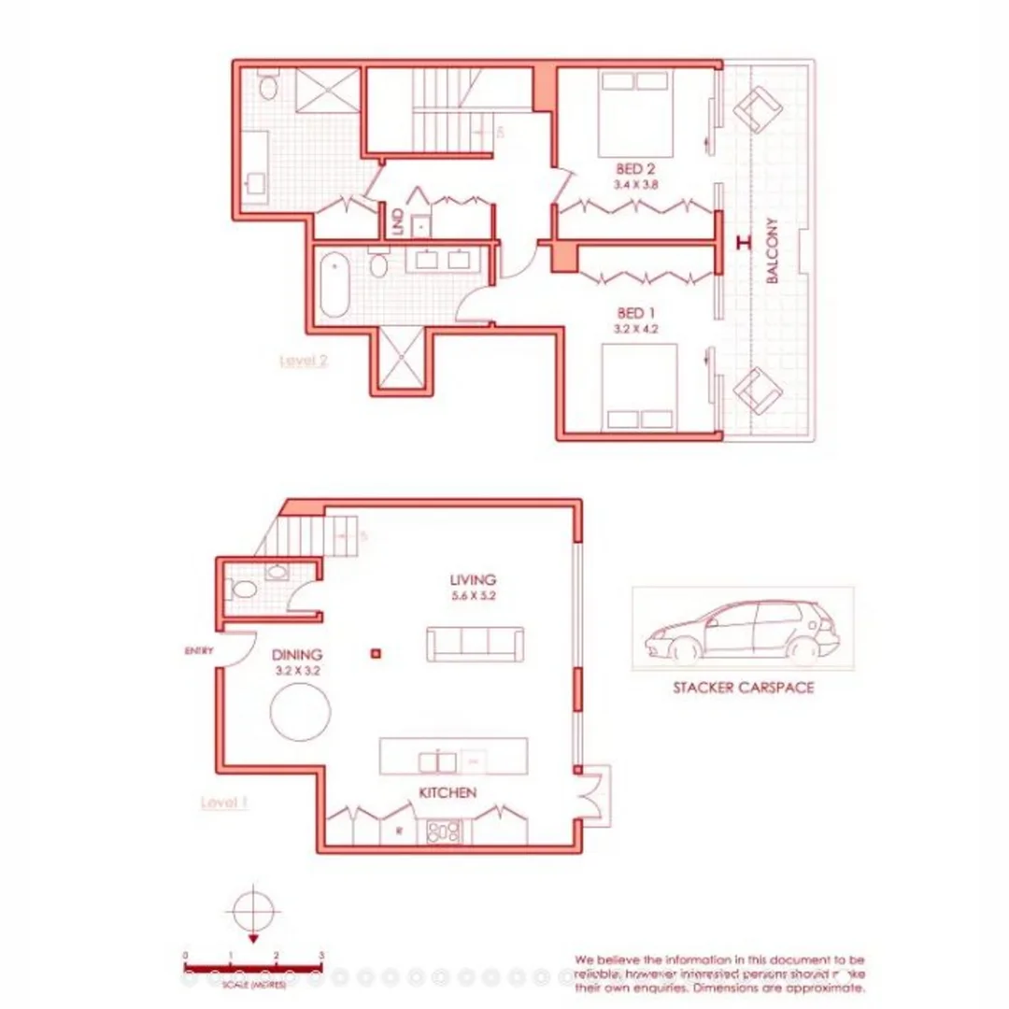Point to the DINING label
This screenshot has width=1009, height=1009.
[x=298, y=655]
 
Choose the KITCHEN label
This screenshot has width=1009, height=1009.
[x=448, y=792]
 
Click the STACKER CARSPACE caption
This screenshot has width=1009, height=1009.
[x=744, y=689]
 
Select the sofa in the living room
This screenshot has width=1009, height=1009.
[x=474, y=643]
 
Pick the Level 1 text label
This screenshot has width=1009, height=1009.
[x=224, y=802]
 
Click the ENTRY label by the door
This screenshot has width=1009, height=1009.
[x=200, y=650]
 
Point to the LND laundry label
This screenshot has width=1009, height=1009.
[x=398, y=221]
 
